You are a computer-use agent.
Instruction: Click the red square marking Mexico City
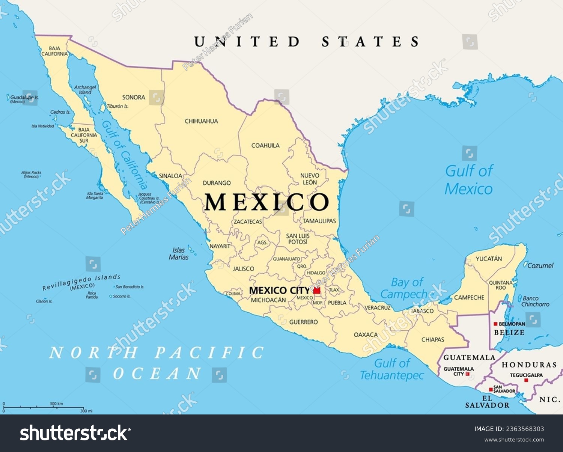tap(317, 290)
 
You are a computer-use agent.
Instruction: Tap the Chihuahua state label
tap(201, 121)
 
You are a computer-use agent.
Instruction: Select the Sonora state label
tap(134, 97)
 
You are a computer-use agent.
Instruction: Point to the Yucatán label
tap(489, 259)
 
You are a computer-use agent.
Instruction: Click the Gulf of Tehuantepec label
tap(392, 369)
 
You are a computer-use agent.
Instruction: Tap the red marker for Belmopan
tap(495, 324)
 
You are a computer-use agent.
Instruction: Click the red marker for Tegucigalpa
tap(526, 380)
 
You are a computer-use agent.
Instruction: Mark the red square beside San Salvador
tap(491, 389)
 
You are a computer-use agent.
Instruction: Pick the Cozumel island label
tap(540, 265)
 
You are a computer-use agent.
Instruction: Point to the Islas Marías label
tap(179, 253)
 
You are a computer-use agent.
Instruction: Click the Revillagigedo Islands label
tap(81, 282)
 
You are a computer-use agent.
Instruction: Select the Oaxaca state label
tap(366, 334)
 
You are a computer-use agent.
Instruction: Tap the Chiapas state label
tap(432, 339)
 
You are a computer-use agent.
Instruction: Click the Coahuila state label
tap(265, 145)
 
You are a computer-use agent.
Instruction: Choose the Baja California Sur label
tap(84, 135)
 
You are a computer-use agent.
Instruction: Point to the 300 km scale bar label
tap(56, 404)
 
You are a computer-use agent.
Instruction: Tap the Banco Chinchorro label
tap(535, 301)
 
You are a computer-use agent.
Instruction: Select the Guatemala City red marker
tap(467, 374)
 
